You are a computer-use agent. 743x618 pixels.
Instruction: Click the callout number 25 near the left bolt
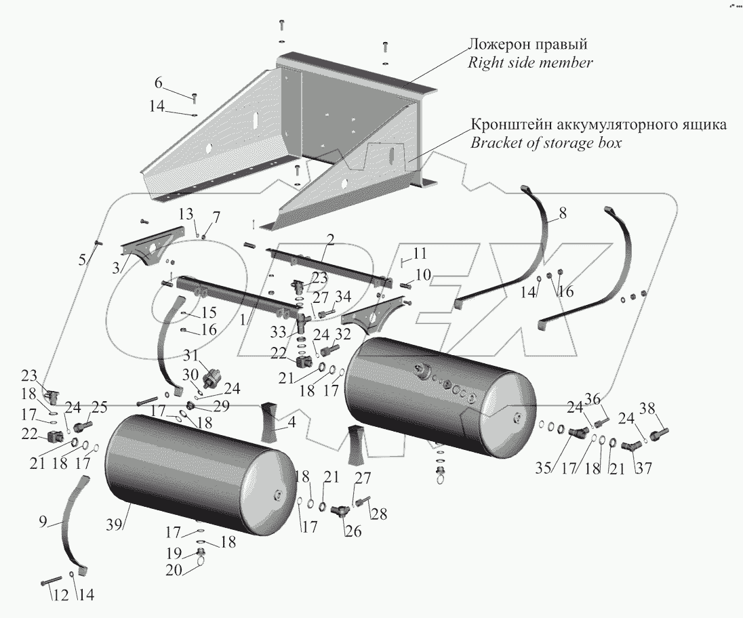100,409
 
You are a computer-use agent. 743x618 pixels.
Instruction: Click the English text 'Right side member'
531,63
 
